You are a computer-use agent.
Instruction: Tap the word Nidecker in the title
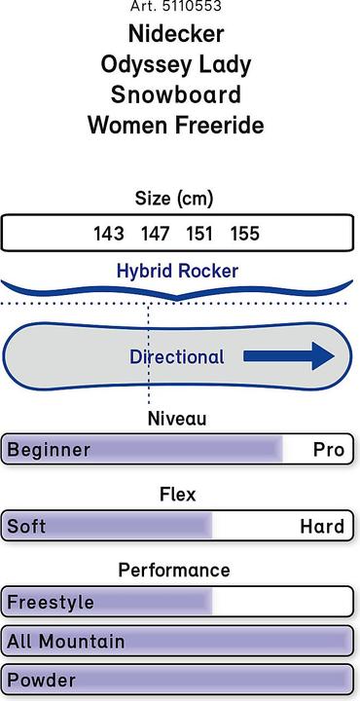(x=176, y=34)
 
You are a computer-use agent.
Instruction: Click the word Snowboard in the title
(x=176, y=95)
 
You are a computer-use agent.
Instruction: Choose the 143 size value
(x=109, y=234)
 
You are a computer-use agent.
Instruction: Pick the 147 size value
(x=155, y=234)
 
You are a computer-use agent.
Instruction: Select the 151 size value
(x=199, y=234)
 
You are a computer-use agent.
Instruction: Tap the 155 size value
(x=245, y=234)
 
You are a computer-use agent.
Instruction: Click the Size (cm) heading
(x=176, y=199)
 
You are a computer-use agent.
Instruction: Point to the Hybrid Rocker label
(x=177, y=270)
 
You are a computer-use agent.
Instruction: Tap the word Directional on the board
(x=177, y=357)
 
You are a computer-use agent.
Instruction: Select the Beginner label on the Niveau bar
(x=49, y=450)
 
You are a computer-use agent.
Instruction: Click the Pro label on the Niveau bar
(x=328, y=450)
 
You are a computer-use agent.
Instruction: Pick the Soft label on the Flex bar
(x=26, y=527)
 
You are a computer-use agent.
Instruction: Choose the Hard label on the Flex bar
(x=322, y=527)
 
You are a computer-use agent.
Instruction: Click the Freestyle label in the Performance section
(x=51, y=603)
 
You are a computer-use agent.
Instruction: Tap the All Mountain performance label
(x=66, y=642)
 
